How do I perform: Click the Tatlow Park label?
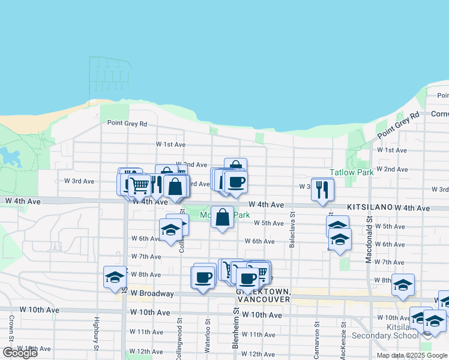point(351,172)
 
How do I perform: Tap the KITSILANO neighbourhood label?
point(369,206)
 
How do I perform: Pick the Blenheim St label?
point(237,329)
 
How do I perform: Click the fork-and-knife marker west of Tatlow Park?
point(323,190)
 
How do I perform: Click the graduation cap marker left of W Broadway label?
point(115,278)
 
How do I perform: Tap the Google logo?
point(20,353)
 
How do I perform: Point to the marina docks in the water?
point(109,75)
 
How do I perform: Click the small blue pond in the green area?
point(10,157)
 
